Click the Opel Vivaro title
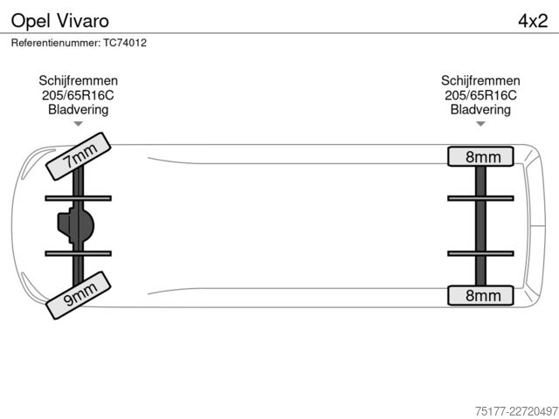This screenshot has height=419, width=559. [60, 21]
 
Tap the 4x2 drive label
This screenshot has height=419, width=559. [533, 21]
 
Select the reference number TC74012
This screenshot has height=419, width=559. [125, 43]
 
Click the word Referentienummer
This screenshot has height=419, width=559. [56, 43]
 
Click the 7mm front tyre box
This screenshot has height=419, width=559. [79, 156]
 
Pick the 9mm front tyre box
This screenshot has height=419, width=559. [79, 295]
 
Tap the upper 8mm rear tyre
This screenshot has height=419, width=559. [480, 156]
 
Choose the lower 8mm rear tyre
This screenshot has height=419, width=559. [480, 295]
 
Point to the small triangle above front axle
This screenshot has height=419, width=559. [79, 124]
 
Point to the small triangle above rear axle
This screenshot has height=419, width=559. [480, 124]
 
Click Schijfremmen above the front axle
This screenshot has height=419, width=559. [79, 81]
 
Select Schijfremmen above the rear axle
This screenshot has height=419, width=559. [480, 81]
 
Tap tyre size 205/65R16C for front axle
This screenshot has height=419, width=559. [78, 95]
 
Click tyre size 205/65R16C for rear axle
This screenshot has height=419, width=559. [480, 95]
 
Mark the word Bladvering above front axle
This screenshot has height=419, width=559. [79, 109]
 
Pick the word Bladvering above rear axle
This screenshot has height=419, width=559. [480, 109]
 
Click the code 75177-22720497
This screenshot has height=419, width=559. [516, 411]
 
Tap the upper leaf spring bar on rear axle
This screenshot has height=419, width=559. [480, 198]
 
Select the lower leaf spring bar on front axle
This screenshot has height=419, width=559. [79, 253]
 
